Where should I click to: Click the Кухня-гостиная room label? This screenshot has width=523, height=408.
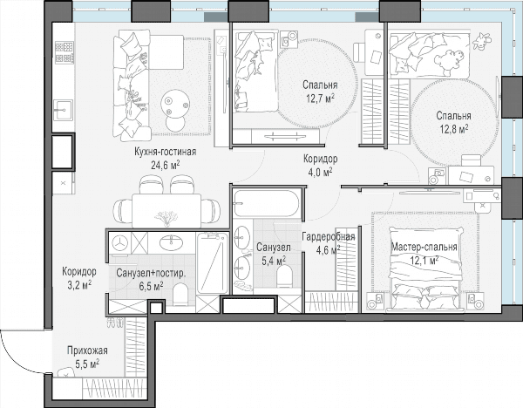[x=165, y=152]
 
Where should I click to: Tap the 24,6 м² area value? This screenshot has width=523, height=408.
[x=166, y=165]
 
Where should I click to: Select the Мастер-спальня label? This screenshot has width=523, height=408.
[x=424, y=248]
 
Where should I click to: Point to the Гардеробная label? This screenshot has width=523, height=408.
[x=329, y=237]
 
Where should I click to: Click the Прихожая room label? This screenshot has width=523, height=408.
[x=87, y=351]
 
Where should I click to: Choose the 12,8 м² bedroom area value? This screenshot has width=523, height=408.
[x=453, y=128]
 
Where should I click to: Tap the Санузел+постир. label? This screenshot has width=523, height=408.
[x=151, y=273]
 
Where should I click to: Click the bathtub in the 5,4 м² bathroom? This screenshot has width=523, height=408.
[x=266, y=203]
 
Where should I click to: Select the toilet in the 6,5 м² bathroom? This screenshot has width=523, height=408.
[x=180, y=294]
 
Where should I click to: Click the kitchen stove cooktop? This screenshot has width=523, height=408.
[x=64, y=52]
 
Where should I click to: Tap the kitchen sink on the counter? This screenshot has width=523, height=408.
[x=63, y=110]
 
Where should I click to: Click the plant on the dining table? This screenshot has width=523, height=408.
[x=166, y=217]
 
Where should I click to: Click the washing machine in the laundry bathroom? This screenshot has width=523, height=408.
[x=119, y=243]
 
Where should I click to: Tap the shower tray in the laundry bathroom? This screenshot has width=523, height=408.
[x=212, y=263]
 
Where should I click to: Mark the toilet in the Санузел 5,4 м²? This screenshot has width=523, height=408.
[x=284, y=276]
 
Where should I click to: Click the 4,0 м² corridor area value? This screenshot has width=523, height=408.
[x=317, y=172]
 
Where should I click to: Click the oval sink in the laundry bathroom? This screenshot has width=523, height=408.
[x=172, y=243]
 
